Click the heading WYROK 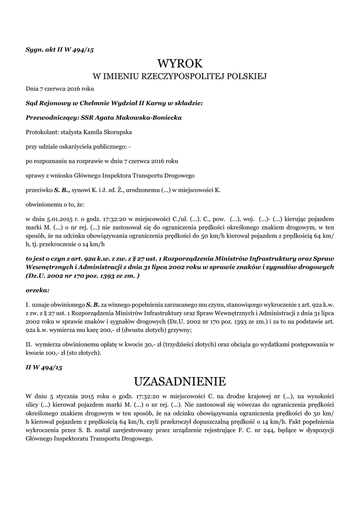coord(180,63)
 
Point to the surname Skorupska coord(117,132)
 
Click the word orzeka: coord(37,290)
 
